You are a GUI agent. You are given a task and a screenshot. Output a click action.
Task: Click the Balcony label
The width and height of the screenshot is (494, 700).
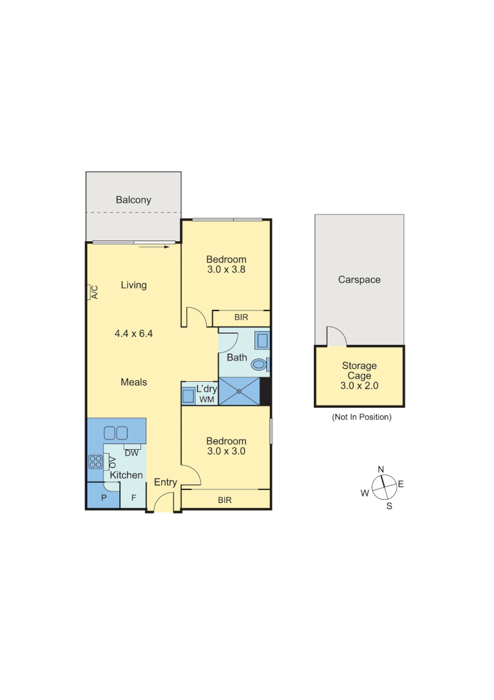[x=133, y=200]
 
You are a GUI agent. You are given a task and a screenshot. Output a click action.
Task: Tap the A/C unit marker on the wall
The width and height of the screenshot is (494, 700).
[x=93, y=292]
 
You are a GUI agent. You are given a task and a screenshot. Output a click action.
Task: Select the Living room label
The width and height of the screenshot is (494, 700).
[x=133, y=285]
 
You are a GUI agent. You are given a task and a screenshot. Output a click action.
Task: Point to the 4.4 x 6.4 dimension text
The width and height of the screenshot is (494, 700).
[x=133, y=334]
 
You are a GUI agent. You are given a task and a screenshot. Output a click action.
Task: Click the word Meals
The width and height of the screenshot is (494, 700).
[x=133, y=382]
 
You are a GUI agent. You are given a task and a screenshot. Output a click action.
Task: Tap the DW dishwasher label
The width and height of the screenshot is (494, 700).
[x=131, y=453]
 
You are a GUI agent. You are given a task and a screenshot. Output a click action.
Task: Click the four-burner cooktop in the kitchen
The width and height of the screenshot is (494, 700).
[x=95, y=462]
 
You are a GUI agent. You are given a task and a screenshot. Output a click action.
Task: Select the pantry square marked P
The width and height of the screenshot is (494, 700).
[x=103, y=498]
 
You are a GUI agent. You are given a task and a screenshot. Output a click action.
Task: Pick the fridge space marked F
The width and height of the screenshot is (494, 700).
[x=134, y=498]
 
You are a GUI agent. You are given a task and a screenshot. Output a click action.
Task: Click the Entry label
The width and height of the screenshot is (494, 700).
[x=165, y=482]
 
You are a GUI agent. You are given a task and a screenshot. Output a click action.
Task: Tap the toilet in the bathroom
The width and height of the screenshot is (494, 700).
[x=260, y=364]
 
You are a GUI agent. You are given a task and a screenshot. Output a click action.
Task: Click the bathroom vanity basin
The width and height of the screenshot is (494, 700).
[x=262, y=340]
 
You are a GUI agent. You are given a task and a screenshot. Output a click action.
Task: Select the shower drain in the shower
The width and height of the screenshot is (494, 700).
[x=240, y=391]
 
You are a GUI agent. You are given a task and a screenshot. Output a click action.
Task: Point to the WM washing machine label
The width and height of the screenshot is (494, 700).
[x=206, y=400]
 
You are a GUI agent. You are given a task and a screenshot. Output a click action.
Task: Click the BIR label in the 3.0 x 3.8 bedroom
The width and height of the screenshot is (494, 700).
[x=241, y=318]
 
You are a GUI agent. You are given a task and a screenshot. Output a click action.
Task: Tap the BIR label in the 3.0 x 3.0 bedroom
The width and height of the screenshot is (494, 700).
[x=225, y=500]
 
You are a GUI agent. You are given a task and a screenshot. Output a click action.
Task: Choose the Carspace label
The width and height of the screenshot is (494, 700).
[x=359, y=279]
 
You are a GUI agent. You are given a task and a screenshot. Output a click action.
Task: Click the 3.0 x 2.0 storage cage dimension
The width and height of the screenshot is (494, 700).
[x=359, y=385]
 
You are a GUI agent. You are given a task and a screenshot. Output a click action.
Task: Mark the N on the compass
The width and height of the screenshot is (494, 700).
[x=381, y=469]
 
